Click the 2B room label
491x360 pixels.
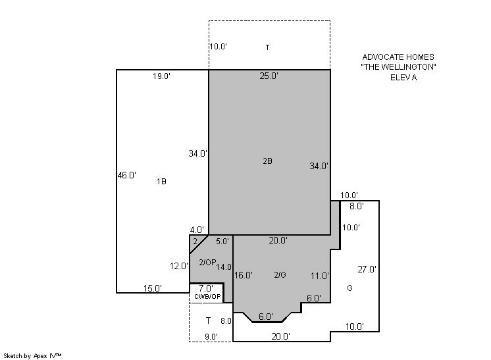pyautogui.click(x=267, y=161)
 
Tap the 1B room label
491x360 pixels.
pyautogui.click(x=161, y=182)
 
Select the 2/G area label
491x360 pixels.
pyautogui.click(x=280, y=275)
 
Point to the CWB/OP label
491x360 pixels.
pyautogui.click(x=207, y=296)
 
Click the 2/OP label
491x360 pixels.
pyautogui.click(x=207, y=263)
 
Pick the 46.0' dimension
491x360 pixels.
pyautogui.click(x=127, y=175)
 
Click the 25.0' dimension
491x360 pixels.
pyautogui.click(x=269, y=76)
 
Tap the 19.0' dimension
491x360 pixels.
pyautogui.click(x=161, y=76)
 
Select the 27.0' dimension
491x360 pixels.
pyautogui.click(x=367, y=269)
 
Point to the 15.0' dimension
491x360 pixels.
pyautogui.click(x=153, y=288)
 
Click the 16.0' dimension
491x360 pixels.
pyautogui.click(x=244, y=275)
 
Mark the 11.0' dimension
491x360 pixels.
pyautogui.click(x=320, y=276)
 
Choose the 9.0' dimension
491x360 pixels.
pyautogui.click(x=211, y=337)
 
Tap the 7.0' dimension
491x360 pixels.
pyautogui.click(x=206, y=288)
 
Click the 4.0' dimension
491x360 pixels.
pyautogui.click(x=197, y=230)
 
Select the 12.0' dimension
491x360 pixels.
pyautogui.click(x=179, y=266)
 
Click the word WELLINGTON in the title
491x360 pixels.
pyautogui.click(x=398, y=67)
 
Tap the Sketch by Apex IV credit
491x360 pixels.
pyautogui.click(x=32, y=356)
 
